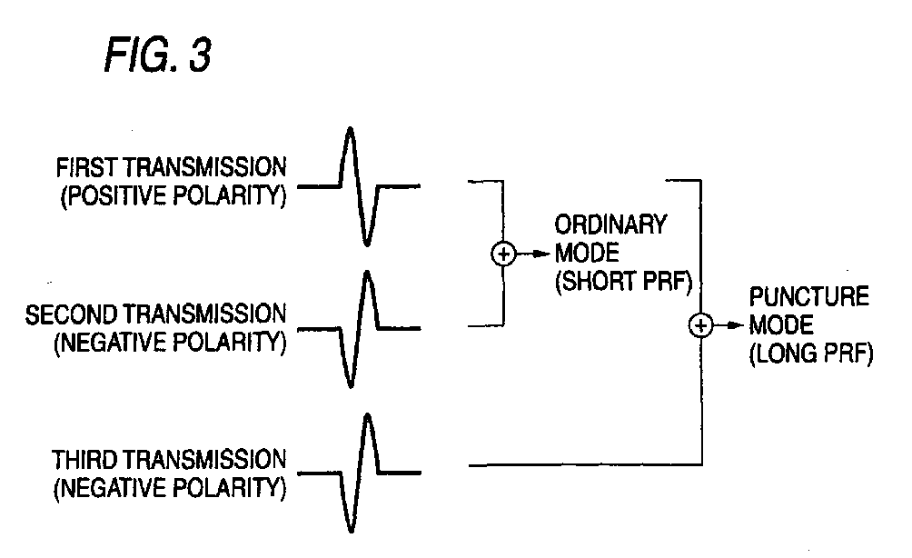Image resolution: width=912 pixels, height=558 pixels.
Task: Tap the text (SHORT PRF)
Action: [x=622, y=282]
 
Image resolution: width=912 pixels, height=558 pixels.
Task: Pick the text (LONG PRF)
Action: [x=811, y=355]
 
